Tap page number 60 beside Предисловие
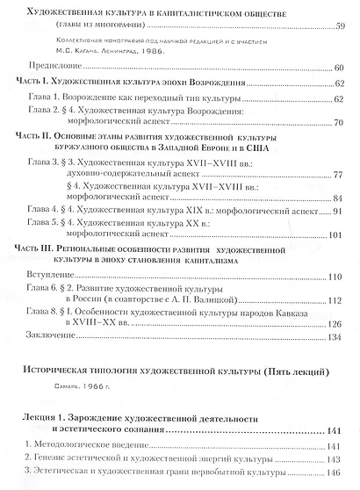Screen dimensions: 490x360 [339, 68]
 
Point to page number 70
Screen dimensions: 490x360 [339, 126]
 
